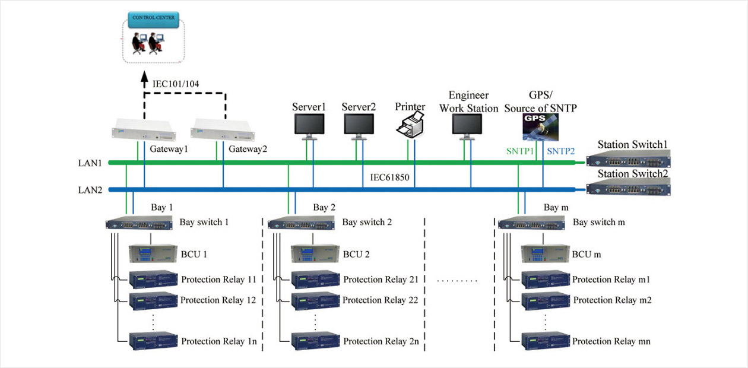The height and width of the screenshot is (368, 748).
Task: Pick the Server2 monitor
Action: pyautogui.click(x=359, y=125)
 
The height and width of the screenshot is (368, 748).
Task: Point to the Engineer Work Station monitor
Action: pyautogui.click(x=467, y=125)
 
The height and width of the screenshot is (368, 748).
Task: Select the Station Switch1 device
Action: pyautogui.click(x=628, y=158)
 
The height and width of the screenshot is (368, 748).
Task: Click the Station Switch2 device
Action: pyautogui.click(x=628, y=187)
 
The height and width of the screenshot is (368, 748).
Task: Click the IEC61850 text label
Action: pyautogui.click(x=390, y=177)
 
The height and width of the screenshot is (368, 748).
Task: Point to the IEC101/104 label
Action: pyautogui.click(x=176, y=84)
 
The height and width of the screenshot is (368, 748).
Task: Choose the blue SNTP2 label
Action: pyautogui.click(x=561, y=151)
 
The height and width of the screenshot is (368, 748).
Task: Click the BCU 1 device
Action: pyautogui.click(x=153, y=254)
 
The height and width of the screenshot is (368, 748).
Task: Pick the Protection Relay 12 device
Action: pyautogui.click(x=153, y=299)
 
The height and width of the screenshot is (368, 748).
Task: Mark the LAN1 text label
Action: pyautogui.click(x=91, y=162)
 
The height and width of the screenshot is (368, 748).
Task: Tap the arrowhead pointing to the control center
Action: pyautogui.click(x=144, y=77)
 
